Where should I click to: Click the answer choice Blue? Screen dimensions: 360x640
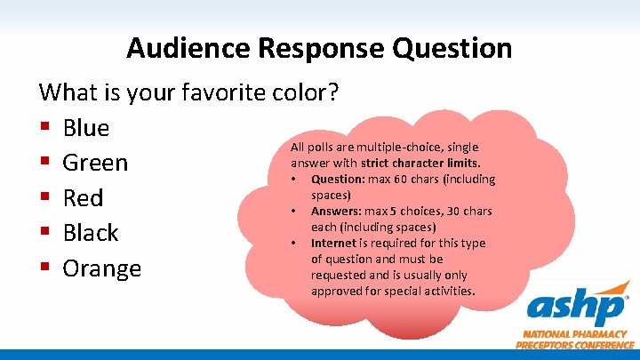[x=86, y=128]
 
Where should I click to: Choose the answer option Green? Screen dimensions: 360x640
[x=95, y=163]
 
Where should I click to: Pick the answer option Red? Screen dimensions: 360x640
[x=83, y=197]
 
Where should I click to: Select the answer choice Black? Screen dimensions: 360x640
[x=91, y=233]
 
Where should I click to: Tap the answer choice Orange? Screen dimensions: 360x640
[x=101, y=268]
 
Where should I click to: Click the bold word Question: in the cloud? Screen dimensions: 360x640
[x=339, y=179]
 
